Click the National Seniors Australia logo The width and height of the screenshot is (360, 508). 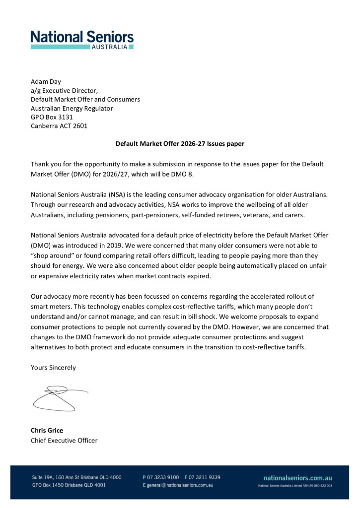tap(82, 39)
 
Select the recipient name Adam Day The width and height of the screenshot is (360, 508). tap(45, 81)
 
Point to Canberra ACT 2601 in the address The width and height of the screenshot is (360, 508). tap(59, 126)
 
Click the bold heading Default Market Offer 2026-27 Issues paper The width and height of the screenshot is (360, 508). tap(180, 144)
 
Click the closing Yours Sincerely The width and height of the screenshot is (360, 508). tap(54, 368)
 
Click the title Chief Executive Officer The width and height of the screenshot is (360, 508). tap(64, 440)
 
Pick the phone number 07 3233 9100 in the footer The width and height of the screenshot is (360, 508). tap(163, 477)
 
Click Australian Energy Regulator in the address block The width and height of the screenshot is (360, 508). tap(72, 108)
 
